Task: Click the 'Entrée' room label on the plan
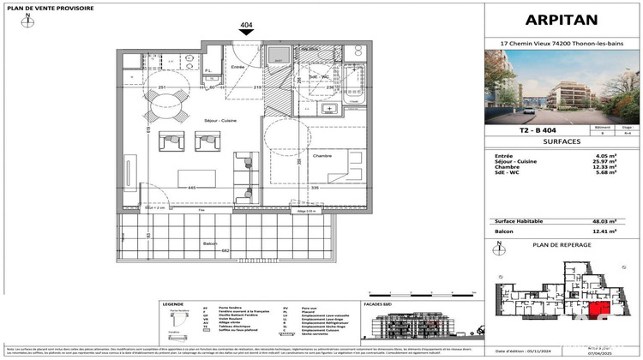(237, 66)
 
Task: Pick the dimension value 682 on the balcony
(225, 251)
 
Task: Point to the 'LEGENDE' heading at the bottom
(171, 303)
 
